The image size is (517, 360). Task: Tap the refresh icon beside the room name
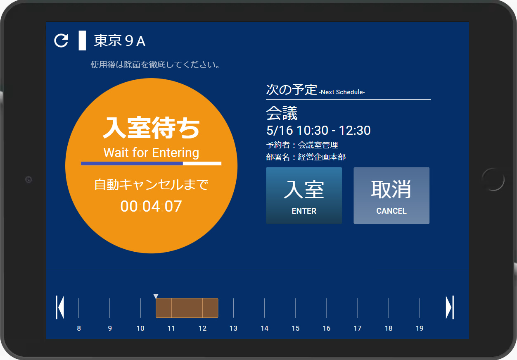[x=61, y=41]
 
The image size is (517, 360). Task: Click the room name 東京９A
[x=120, y=41]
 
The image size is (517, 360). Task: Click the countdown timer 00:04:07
[x=151, y=206]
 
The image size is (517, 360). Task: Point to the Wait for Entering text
[x=151, y=153]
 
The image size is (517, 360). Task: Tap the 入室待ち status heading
[x=151, y=128]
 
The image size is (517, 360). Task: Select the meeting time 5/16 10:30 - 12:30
[x=318, y=130]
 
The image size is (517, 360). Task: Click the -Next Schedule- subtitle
[x=342, y=92]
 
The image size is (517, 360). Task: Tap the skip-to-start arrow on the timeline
[x=60, y=308]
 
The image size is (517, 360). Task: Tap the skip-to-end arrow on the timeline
[x=450, y=308]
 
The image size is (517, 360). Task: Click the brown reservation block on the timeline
[x=187, y=308]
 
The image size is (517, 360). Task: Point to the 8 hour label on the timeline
[x=79, y=328]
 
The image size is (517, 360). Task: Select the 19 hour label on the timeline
[x=420, y=328]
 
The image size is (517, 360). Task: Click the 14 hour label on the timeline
[x=265, y=328]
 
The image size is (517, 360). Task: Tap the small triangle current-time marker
[x=156, y=296]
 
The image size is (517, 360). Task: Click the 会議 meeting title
[x=282, y=113]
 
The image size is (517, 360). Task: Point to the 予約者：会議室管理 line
[x=302, y=145]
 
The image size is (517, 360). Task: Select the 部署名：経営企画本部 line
[x=306, y=157]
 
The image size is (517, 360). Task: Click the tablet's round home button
[x=493, y=179]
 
